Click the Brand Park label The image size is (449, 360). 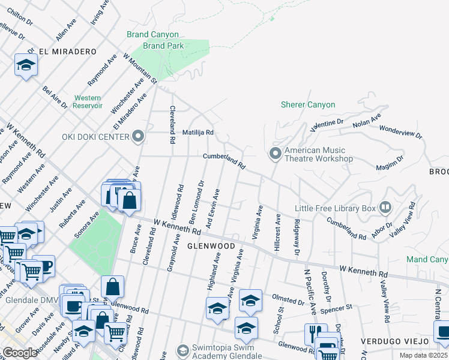click(x=163, y=45)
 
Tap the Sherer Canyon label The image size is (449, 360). click(x=308, y=105)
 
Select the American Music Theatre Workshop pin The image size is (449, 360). click(x=275, y=154)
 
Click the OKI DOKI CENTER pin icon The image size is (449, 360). click(x=139, y=137)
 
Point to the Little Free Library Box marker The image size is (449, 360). click(x=385, y=208)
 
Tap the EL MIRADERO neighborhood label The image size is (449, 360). click(x=67, y=52)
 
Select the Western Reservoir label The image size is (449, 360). click(x=87, y=101)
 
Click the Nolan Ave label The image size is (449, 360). click(x=367, y=121)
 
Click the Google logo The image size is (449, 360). click(x=20, y=352)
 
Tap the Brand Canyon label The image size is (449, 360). click(x=154, y=34)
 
